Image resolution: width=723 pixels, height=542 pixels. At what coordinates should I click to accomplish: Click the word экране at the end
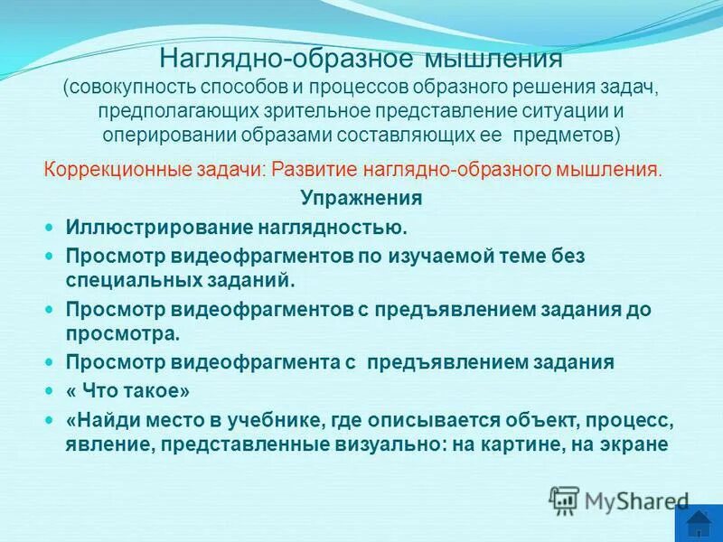tap(638, 444)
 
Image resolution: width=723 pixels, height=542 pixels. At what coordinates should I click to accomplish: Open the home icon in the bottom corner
tap(698, 524)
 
